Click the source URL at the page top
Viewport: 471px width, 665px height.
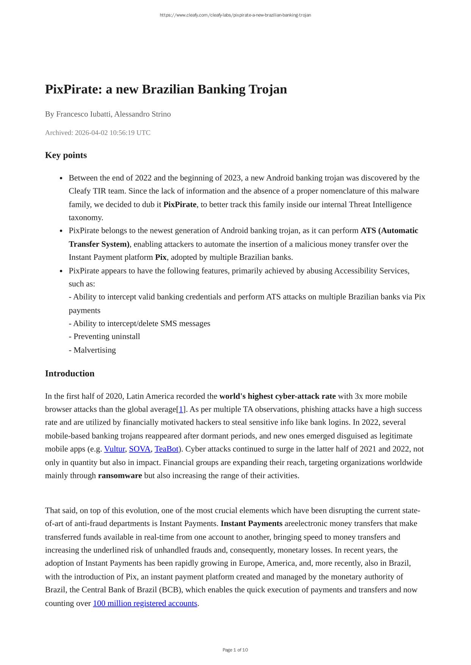[x=235, y=15]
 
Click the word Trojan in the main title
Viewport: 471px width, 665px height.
[x=267, y=89]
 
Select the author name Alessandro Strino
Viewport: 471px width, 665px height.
[x=143, y=114]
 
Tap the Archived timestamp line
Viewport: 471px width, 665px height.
[x=97, y=133]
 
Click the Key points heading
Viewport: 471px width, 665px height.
[x=66, y=155]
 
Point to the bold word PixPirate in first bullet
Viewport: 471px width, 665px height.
[x=180, y=204]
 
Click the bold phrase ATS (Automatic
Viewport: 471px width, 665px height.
[x=389, y=231]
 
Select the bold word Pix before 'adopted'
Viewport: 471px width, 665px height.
[x=161, y=257]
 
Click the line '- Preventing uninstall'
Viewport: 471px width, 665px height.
[x=104, y=336]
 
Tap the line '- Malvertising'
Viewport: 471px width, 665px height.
[x=92, y=350]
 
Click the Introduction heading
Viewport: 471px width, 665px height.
[x=69, y=373]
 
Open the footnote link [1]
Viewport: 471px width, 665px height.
[x=181, y=409]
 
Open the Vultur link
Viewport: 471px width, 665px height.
[x=114, y=449]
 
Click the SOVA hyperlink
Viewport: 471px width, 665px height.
[x=140, y=449]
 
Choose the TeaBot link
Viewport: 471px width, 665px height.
[x=166, y=449]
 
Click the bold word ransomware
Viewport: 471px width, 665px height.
[x=120, y=475]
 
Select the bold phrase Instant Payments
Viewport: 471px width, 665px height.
[x=251, y=523]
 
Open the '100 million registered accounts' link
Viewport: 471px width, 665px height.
[x=145, y=603]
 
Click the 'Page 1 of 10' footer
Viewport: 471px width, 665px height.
[x=235, y=650]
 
